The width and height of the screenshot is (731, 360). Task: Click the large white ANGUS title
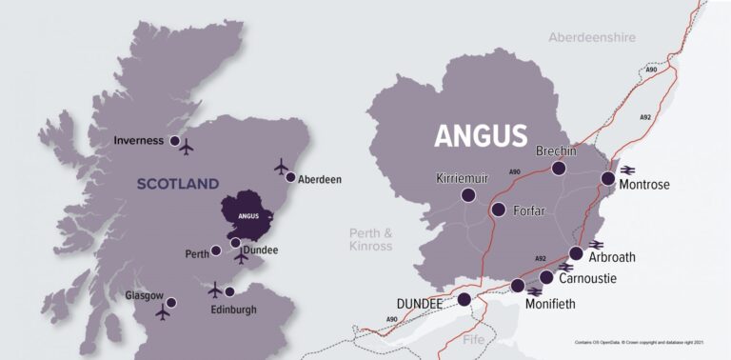(481, 136)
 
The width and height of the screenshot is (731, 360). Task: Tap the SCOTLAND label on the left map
(178, 184)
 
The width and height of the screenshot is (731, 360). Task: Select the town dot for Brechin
(559, 169)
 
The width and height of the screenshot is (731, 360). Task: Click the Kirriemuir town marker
(468, 195)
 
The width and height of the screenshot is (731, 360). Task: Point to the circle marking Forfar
(498, 210)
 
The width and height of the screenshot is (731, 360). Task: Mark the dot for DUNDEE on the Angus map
(464, 299)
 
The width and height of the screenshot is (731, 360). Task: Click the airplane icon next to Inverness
(186, 148)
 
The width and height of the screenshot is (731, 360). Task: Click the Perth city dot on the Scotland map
(216, 250)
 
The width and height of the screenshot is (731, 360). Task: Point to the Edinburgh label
(233, 310)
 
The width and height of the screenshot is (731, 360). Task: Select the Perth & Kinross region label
(371, 239)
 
